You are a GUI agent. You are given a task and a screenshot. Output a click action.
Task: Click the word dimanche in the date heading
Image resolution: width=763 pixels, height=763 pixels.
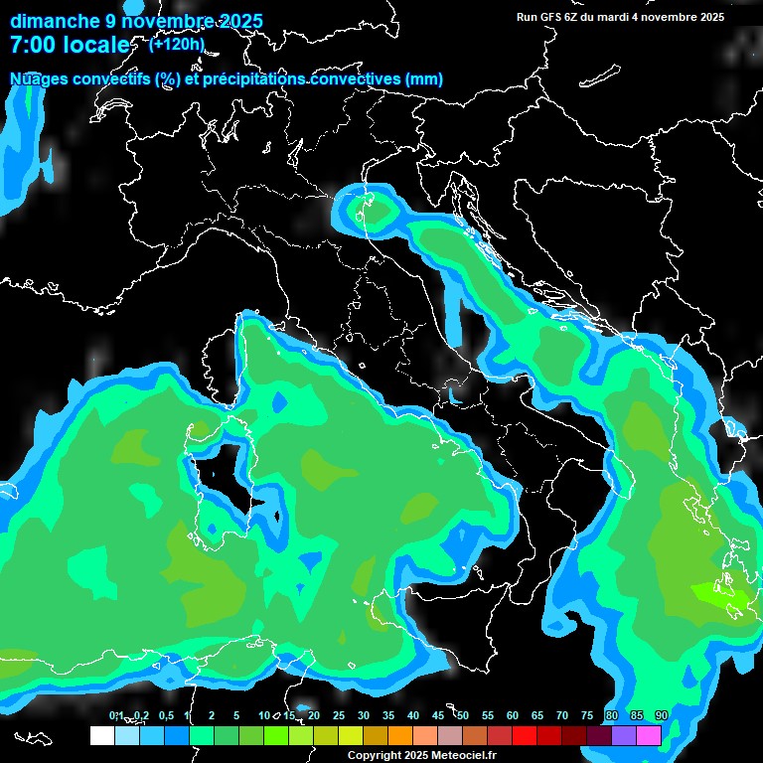point(56,21)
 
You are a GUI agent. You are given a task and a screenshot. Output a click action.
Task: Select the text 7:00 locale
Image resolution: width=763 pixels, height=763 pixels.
point(71,46)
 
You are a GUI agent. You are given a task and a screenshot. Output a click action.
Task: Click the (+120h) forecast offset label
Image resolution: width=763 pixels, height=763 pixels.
point(176,44)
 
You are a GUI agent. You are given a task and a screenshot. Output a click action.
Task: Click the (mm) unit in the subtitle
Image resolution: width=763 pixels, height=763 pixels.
point(423,78)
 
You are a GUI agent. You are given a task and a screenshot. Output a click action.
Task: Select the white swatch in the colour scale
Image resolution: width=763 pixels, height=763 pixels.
point(101,736)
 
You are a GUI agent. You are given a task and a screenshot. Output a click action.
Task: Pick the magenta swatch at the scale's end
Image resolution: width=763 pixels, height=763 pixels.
point(649,736)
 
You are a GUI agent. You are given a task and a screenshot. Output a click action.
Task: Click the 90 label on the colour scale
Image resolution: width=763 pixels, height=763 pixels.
point(662,716)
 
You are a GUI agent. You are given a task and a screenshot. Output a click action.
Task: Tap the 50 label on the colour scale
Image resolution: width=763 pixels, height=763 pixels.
point(463,716)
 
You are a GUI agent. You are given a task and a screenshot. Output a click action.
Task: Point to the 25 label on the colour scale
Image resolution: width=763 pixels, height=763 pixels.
point(339,716)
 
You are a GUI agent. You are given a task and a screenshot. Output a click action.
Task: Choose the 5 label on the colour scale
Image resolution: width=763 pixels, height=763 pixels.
point(235,716)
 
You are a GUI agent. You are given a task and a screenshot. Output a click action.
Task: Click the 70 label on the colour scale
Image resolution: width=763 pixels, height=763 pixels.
point(562,716)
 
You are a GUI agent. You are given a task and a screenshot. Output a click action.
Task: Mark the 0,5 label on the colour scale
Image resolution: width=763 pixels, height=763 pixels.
point(165,716)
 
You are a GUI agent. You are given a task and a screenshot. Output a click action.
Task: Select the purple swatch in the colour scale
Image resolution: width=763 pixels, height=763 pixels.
point(624,736)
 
